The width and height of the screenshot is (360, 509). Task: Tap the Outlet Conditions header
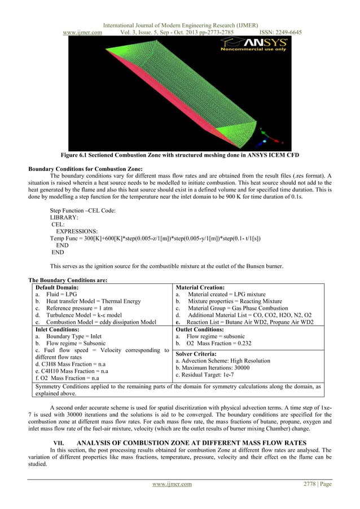200,328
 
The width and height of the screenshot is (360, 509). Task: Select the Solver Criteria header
196,353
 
